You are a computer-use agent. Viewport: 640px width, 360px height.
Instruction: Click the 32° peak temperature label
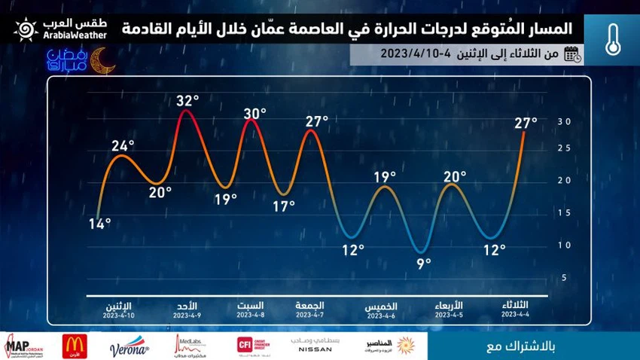point(187,100)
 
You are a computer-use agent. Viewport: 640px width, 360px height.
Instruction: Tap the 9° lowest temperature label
point(423,262)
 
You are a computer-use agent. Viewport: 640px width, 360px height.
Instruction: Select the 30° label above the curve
point(255,114)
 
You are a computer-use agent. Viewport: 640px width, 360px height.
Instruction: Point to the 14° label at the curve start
point(99,223)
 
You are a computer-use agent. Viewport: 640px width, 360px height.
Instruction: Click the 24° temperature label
point(123,145)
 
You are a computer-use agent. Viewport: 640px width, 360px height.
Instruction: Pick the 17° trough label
point(283,206)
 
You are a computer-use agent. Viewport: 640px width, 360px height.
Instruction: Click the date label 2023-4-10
point(122,316)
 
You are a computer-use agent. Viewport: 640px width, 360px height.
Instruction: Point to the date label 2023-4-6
point(381,317)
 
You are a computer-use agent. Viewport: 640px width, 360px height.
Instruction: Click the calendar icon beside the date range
point(573,53)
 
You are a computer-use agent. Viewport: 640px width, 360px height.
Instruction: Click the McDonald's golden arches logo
point(74,346)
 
